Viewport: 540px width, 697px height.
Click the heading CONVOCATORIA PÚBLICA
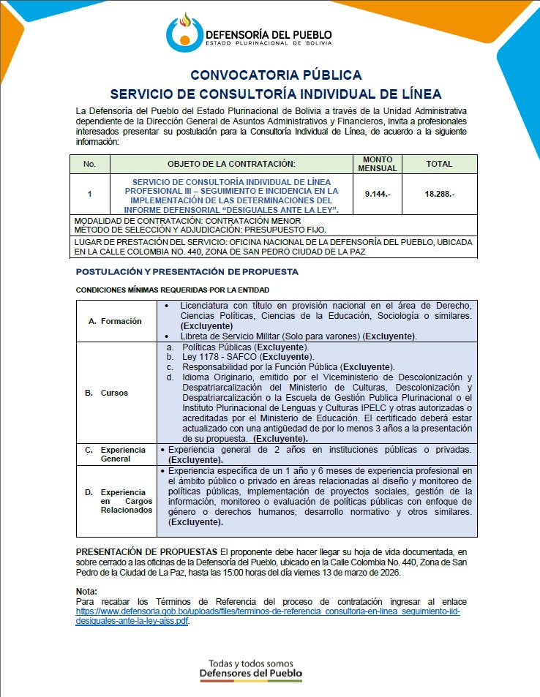pyautogui.click(x=276, y=75)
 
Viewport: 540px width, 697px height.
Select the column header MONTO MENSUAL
pyautogui.click(x=378, y=164)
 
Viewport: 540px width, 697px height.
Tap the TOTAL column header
pyautogui.click(x=439, y=164)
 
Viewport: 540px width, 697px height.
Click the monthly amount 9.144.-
pyautogui.click(x=378, y=195)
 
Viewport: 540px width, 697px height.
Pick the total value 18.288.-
pyautogui.click(x=439, y=195)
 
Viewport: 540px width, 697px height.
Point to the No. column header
pyautogui.click(x=89, y=164)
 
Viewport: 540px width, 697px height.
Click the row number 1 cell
pyautogui.click(x=89, y=195)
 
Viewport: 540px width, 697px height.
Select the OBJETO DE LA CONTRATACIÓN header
pyautogui.click(x=230, y=164)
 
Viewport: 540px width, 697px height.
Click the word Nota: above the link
pyautogui.click(x=86, y=591)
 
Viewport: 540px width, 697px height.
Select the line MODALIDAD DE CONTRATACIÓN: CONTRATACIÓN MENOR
pyautogui.click(x=188, y=220)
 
